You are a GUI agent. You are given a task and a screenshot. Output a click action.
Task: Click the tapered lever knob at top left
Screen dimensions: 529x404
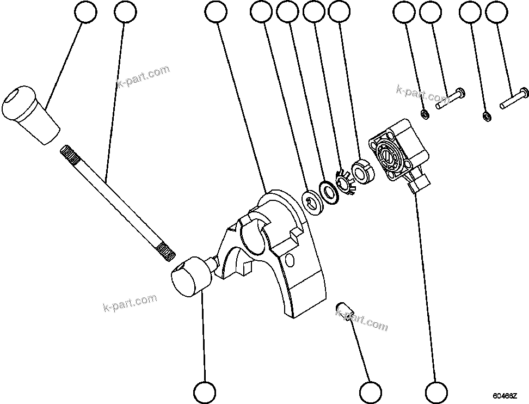pos(30,114)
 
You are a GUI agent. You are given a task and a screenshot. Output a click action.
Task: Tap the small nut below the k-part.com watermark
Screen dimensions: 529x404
pos(425,114)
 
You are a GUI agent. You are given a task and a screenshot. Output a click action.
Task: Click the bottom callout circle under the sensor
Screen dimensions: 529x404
pos(436,391)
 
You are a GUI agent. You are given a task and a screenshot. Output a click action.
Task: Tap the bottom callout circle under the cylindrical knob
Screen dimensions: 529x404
pos(205,391)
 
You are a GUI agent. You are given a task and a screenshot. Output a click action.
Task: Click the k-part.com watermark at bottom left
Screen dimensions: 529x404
pos(130,303)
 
